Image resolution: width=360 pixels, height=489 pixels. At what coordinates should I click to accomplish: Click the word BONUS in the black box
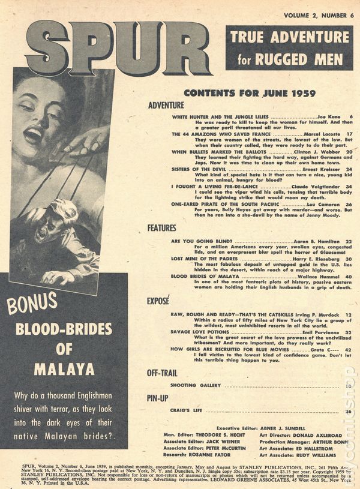point(32,304)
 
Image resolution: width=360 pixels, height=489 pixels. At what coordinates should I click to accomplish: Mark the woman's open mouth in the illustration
point(33,134)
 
